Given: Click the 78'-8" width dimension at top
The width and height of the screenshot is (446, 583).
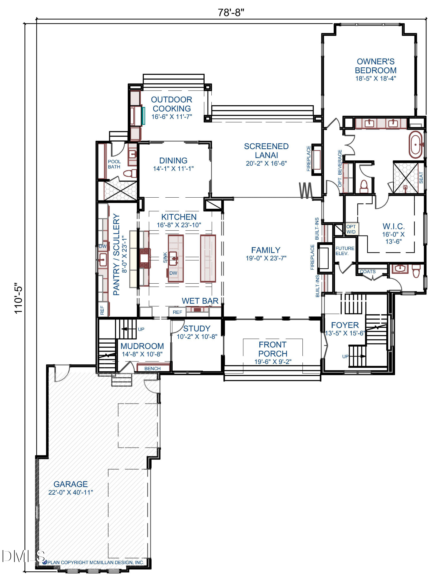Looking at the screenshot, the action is tap(231, 13).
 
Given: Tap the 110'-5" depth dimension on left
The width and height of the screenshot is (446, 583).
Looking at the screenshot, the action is tap(18, 298).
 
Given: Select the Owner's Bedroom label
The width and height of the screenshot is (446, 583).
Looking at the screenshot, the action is tap(376, 66).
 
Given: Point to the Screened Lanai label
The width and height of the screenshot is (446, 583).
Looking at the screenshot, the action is tap(266, 151).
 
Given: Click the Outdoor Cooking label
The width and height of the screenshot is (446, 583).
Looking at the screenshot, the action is tap(171, 104).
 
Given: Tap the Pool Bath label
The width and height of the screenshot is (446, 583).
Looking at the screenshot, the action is tap(114, 164).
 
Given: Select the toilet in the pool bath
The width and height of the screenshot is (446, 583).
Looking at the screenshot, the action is tap(130, 173).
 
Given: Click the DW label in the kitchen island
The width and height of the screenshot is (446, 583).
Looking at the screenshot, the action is tap(173, 273).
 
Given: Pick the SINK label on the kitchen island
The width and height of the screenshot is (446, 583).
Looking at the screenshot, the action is tap(165, 257).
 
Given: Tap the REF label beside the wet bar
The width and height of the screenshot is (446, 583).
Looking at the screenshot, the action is tap(177, 312).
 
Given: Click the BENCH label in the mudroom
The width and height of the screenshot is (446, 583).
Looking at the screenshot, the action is tap(153, 369).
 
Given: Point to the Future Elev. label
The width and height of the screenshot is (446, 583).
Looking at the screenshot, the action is tap(345, 251).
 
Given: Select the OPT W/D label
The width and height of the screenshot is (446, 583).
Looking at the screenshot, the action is tap(351, 229).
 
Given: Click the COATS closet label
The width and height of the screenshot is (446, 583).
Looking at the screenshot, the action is tap(368, 272).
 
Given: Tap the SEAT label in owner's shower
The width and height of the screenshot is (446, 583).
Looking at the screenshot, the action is tap(421, 178).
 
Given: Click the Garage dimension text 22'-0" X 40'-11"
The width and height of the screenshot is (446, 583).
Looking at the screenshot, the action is tap(71, 492).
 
